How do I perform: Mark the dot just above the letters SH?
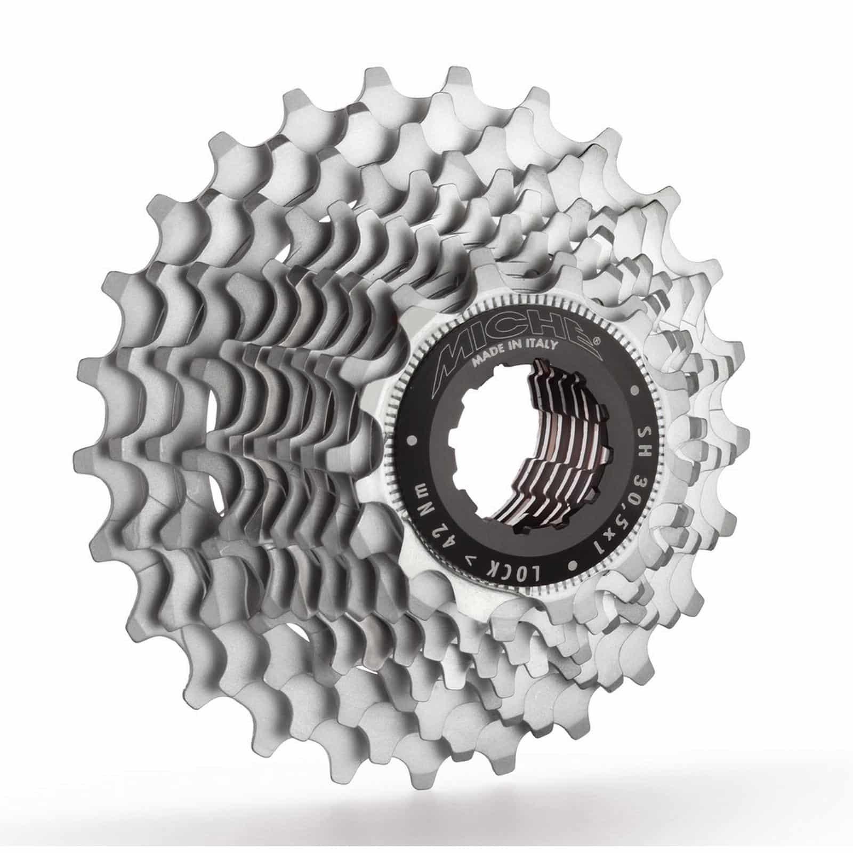tap(634, 390)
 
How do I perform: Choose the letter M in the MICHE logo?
tap(453, 357)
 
